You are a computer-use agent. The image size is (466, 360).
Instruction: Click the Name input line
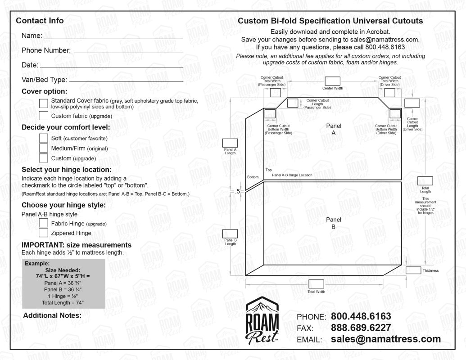tap(113, 36)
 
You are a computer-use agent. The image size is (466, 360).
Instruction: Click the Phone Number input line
tap(129, 50)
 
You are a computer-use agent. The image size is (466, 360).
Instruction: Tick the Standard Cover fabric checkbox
tap(44, 103)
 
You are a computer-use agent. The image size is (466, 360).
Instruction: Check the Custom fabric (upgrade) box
tap(44, 116)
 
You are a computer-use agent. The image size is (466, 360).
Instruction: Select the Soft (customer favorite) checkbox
tap(44, 138)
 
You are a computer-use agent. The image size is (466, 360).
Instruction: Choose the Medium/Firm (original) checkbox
tap(44, 148)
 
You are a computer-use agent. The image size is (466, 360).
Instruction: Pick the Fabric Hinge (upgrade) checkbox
tap(44, 223)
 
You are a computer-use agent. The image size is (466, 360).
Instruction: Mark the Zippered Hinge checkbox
tap(44, 233)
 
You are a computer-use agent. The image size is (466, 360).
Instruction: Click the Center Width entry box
tap(332, 81)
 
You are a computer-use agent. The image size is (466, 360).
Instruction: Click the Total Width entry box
tap(316, 284)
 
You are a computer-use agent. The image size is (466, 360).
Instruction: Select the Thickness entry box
tap(413, 270)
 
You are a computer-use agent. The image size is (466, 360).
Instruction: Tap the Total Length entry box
tap(425, 181)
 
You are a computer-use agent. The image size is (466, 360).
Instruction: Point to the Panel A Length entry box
tap(230, 142)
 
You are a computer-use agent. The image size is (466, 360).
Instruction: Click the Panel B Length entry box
tap(230, 234)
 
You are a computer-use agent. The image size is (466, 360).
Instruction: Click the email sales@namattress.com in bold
tap(385, 339)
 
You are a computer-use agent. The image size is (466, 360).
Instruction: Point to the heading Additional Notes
tap(52, 315)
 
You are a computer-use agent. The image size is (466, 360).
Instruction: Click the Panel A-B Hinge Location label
tap(292, 175)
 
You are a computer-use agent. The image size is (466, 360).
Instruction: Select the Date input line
tap(111, 66)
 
